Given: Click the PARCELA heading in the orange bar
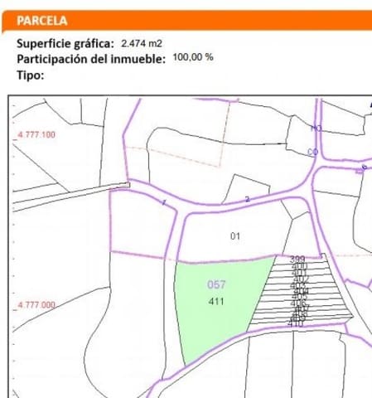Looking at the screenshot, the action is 42,21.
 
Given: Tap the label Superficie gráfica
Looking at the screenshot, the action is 65,43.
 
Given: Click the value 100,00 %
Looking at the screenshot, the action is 193,58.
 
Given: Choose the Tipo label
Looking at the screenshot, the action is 30,75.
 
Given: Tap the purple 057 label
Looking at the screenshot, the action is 216,284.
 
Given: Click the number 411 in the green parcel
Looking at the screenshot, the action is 216,301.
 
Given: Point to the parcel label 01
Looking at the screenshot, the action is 235,236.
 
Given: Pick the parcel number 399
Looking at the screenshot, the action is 297,260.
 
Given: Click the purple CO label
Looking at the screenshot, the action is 313,152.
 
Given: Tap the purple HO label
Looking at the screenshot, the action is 316,129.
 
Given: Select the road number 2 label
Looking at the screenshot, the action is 247,199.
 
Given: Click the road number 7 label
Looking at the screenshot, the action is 164,203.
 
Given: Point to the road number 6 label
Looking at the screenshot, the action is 364,167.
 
